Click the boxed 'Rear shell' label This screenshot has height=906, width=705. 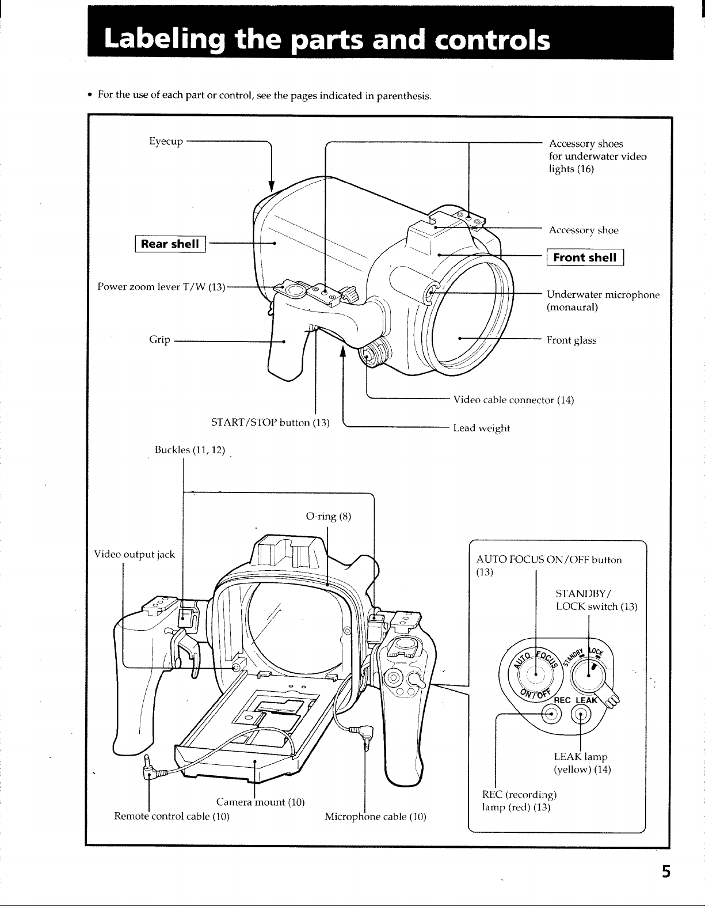170,244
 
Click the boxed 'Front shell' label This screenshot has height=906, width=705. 585,257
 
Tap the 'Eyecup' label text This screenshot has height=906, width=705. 166,141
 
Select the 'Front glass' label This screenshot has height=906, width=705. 571,340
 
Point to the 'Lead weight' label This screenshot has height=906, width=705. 481,428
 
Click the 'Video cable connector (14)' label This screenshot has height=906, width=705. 513,400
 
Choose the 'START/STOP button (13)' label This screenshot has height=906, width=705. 270,422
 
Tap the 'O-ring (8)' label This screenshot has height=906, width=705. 329,516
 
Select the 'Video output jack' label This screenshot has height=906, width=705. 135,554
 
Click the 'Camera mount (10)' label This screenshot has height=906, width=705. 261,802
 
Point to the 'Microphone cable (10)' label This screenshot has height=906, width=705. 376,816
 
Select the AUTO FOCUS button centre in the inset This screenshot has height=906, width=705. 536,674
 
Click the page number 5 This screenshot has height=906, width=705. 666,871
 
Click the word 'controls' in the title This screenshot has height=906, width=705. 492,40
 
